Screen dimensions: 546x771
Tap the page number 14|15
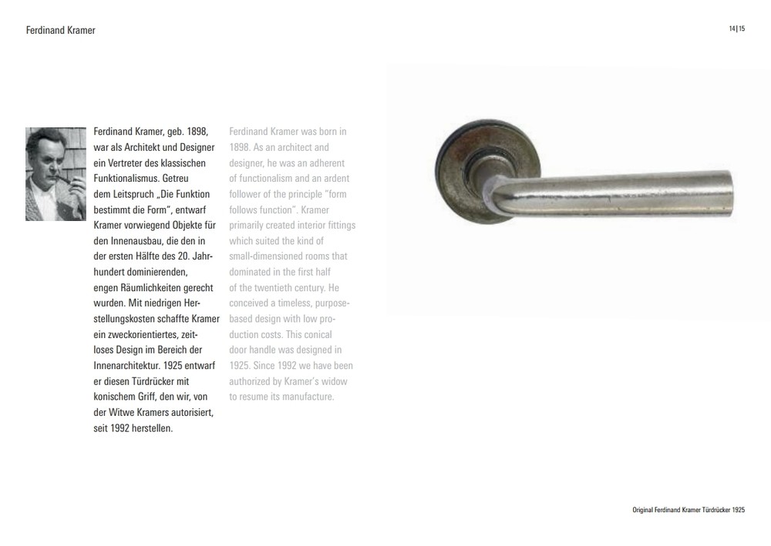(736, 29)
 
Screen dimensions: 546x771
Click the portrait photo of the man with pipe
(56, 173)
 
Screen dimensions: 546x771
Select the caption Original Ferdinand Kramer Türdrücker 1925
(688, 510)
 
